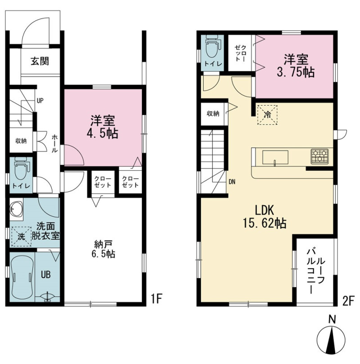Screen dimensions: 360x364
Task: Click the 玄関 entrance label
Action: click(x=40, y=61)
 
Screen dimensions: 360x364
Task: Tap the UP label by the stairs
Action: click(x=40, y=101)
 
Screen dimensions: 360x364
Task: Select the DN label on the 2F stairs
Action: click(x=232, y=182)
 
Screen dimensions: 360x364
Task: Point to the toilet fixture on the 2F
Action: click(x=213, y=46)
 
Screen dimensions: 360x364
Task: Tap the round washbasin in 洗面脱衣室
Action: click(x=16, y=208)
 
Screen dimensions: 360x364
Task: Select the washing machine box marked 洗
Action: click(x=21, y=236)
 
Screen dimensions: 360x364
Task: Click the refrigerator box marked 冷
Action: click(x=267, y=115)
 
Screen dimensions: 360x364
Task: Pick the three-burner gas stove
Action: click(x=319, y=155)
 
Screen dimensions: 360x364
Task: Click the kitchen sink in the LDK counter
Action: click(x=275, y=157)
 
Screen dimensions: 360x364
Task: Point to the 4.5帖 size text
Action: click(x=103, y=133)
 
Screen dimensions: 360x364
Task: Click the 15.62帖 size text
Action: click(x=265, y=223)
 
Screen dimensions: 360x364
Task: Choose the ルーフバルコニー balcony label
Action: click(x=315, y=271)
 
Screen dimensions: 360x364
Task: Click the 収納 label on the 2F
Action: click(x=213, y=114)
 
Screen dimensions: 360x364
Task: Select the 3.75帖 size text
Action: click(x=296, y=72)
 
